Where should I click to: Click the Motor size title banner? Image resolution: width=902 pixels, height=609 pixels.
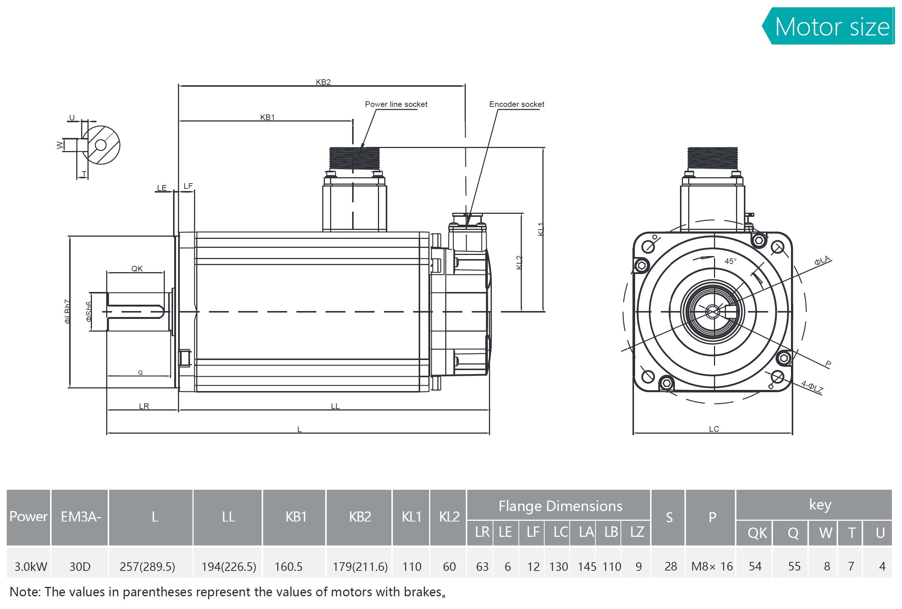[x=831, y=27]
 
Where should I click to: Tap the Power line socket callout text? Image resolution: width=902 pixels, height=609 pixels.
[x=396, y=104]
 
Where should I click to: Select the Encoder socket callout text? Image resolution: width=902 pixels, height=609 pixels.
[x=516, y=104]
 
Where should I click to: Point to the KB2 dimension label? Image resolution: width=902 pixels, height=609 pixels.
[x=323, y=82]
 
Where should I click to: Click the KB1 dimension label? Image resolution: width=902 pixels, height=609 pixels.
[x=267, y=117]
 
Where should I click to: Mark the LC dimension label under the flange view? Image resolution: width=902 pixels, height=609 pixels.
[x=714, y=428]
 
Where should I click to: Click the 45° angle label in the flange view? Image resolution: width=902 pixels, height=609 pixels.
[x=730, y=261]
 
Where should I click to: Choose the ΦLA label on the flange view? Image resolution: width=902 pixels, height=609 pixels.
[x=822, y=261]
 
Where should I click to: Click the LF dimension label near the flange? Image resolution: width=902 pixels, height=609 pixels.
[x=188, y=186]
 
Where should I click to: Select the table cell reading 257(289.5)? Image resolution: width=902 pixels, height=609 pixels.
[x=147, y=566]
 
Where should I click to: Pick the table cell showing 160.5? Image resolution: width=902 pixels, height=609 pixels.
[x=288, y=566]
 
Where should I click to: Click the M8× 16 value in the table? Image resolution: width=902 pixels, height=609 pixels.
[x=711, y=566]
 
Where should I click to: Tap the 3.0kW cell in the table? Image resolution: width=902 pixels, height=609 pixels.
[x=30, y=566]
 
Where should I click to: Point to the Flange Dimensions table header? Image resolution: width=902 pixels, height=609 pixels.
[x=560, y=506]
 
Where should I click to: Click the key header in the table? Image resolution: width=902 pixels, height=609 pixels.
[x=820, y=504]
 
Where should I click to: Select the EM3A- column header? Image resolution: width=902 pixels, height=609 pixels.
[x=81, y=517]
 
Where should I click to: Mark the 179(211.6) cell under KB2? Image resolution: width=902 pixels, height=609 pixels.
[x=360, y=566]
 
